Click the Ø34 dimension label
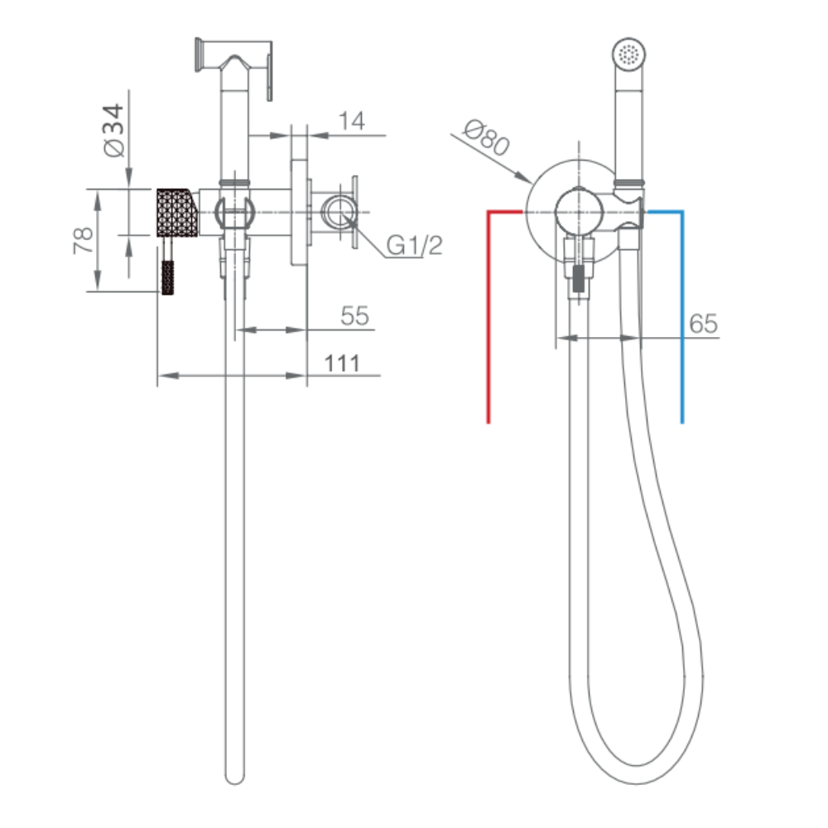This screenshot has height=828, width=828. tap(114, 131)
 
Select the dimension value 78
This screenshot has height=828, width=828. tap(84, 240)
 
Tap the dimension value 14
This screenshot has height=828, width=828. tap(352, 121)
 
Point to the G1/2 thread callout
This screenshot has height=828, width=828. tap(415, 245)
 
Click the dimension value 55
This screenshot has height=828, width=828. tap(355, 315)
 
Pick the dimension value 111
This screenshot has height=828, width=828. tap(342, 363)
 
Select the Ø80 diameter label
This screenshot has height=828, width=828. tap(486, 137)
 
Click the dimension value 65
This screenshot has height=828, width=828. tap(703, 323)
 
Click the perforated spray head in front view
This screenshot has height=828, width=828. tap(629, 55)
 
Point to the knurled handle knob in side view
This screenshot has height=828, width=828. tap(178, 213)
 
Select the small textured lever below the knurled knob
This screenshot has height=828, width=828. tap(167, 277)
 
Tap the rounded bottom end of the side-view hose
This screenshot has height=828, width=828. tap(235, 777)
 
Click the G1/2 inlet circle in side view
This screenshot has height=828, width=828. tap(339, 212)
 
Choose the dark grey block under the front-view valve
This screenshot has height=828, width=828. tap(580, 279)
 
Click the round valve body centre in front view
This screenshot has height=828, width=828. tap(580, 212)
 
